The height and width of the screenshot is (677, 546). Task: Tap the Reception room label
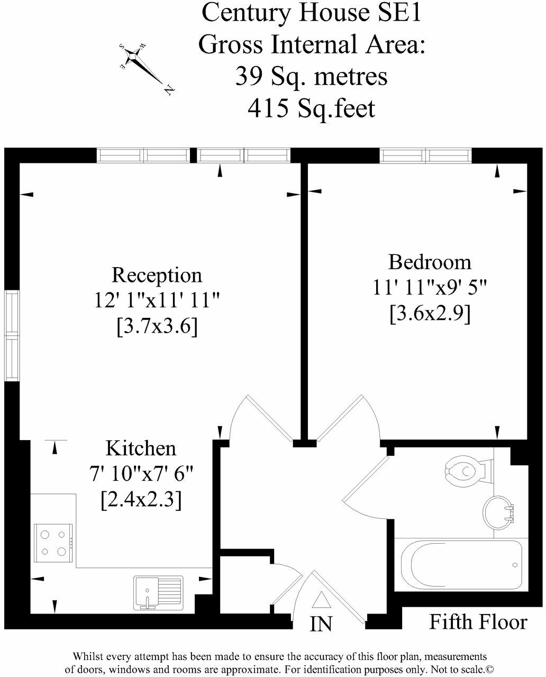[157, 275]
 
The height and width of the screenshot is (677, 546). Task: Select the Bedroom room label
[430, 262]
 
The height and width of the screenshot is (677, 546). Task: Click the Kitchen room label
[141, 449]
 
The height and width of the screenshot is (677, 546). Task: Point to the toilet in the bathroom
[465, 469]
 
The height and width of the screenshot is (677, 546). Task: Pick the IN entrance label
[321, 624]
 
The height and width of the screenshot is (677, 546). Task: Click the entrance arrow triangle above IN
[321, 600]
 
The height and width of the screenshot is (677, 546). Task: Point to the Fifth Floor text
[478, 622]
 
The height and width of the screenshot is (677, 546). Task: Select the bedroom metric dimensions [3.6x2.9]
[430, 314]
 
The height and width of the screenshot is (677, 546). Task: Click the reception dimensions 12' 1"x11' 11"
[157, 300]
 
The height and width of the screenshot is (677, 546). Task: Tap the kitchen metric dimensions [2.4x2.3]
[141, 499]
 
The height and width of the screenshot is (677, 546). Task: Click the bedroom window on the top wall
[425, 155]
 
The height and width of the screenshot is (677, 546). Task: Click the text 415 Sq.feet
[311, 108]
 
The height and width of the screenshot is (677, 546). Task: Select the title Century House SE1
[311, 13]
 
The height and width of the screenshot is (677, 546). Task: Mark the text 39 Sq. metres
[311, 77]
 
